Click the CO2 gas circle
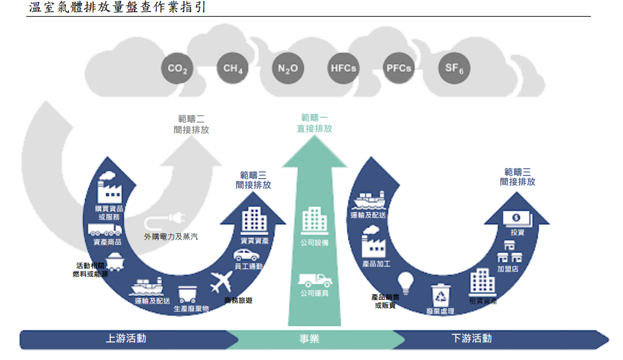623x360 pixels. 176,69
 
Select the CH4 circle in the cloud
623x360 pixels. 232,69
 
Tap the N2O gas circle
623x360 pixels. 288,69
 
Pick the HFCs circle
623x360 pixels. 343,69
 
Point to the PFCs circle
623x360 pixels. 399,69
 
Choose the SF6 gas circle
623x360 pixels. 454,69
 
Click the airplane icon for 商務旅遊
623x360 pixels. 221,281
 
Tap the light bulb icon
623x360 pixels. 404,281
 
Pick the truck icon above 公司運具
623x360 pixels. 315,280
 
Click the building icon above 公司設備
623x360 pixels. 315,221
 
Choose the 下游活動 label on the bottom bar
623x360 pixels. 472,338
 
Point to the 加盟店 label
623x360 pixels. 508,269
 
